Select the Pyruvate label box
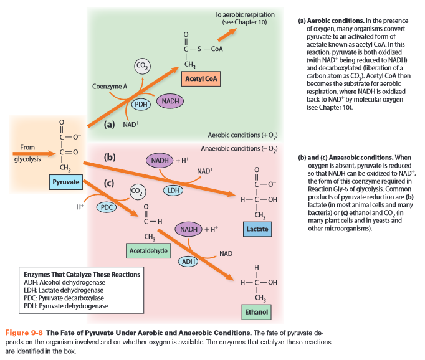(x=66, y=182)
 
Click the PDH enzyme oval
(x=142, y=104)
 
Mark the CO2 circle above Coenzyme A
(x=142, y=65)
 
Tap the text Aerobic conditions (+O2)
(x=242, y=135)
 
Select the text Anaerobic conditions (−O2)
(x=239, y=148)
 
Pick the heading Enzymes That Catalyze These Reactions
(x=82, y=274)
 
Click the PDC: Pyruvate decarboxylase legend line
(x=64, y=298)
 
